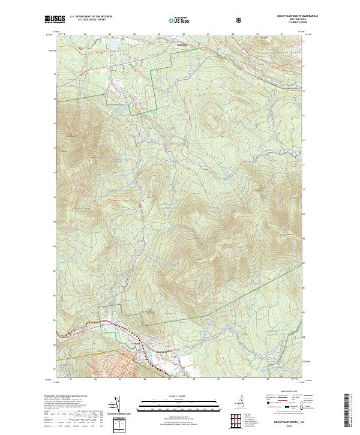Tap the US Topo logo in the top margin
click(180, 20)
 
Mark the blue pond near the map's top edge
click(112, 46)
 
